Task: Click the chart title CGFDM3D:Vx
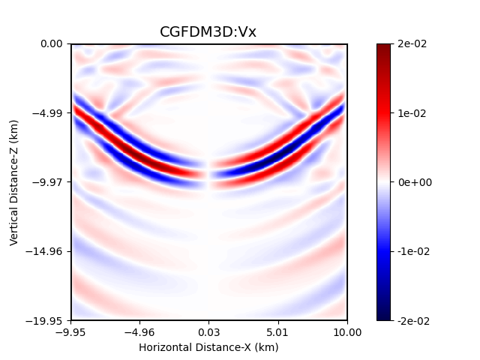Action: tap(208, 31)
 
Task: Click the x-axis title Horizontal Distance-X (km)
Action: tap(208, 347)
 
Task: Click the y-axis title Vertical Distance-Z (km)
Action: tap(14, 182)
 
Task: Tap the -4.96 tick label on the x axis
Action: tap(140, 332)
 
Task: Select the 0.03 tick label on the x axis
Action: tap(209, 332)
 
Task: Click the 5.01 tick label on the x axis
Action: tap(278, 332)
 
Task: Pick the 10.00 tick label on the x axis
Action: tap(347, 332)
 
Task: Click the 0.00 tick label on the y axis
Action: tap(52, 44)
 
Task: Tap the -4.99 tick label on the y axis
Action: tap(49, 113)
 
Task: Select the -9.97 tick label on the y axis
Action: tap(49, 182)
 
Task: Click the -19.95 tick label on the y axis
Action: tap(46, 320)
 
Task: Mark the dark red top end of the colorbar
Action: tap(383, 47)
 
